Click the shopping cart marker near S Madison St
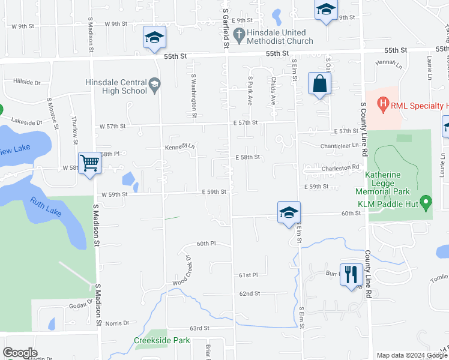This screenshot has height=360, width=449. point(89,162)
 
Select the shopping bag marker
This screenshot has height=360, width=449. point(320,84)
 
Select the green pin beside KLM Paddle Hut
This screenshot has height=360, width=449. point(426,203)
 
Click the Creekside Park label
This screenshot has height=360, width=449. point(161,340)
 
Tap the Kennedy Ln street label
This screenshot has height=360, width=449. point(180,146)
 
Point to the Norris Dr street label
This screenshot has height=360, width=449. point(118,323)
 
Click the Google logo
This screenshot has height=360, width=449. point(19,353)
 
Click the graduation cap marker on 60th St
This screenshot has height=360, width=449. point(289,212)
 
